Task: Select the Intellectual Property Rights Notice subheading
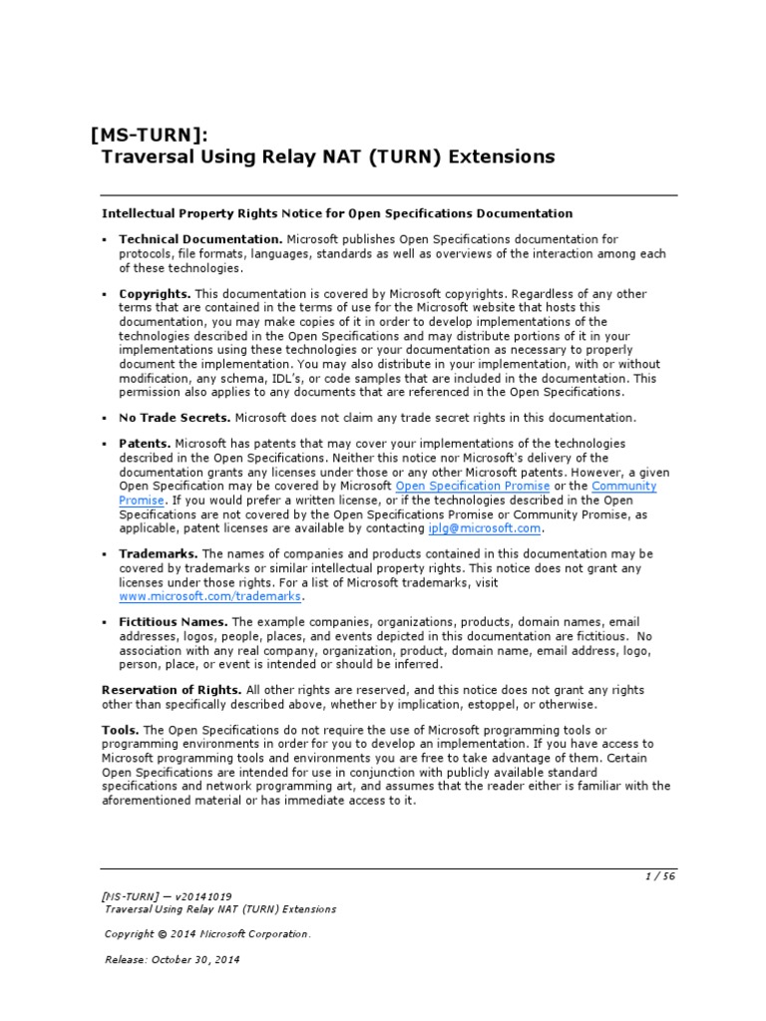pos(337,213)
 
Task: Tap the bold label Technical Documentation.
pos(200,239)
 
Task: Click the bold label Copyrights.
pos(155,294)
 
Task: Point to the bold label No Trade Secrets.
pos(175,418)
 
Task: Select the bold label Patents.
pos(145,443)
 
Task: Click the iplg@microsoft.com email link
pos(485,528)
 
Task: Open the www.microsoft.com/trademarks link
pos(209,596)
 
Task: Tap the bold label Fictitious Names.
pos(174,622)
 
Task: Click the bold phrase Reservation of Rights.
pos(172,690)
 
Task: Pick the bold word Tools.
pos(120,730)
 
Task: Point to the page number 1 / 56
pos(660,876)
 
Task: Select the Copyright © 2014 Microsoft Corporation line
pos(207,934)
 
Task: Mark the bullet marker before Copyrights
pos(105,295)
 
